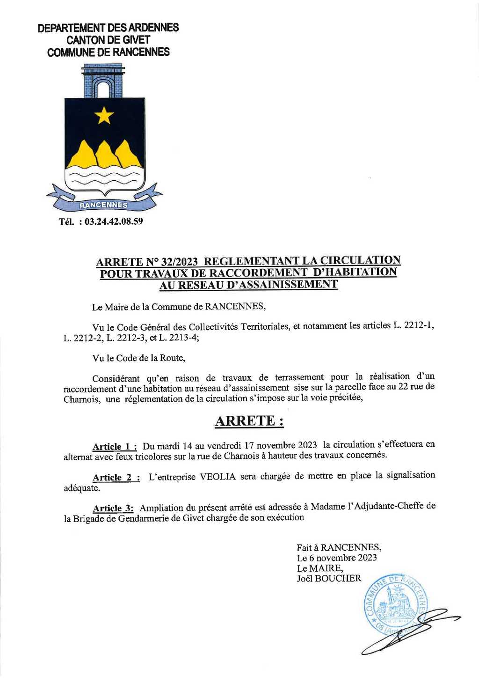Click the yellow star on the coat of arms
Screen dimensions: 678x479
[104, 115]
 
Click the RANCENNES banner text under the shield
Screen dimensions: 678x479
[103, 205]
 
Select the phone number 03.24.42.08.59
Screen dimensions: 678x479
[114, 221]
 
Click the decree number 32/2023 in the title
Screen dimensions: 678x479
[179, 261]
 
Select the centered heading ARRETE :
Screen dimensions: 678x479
[249, 421]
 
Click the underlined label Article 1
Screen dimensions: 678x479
[115, 446]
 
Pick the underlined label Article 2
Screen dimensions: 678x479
[116, 477]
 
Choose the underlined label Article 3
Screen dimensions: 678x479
[113, 508]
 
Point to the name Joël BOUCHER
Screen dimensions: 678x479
[329, 578]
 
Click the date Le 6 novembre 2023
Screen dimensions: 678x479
[337, 558]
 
